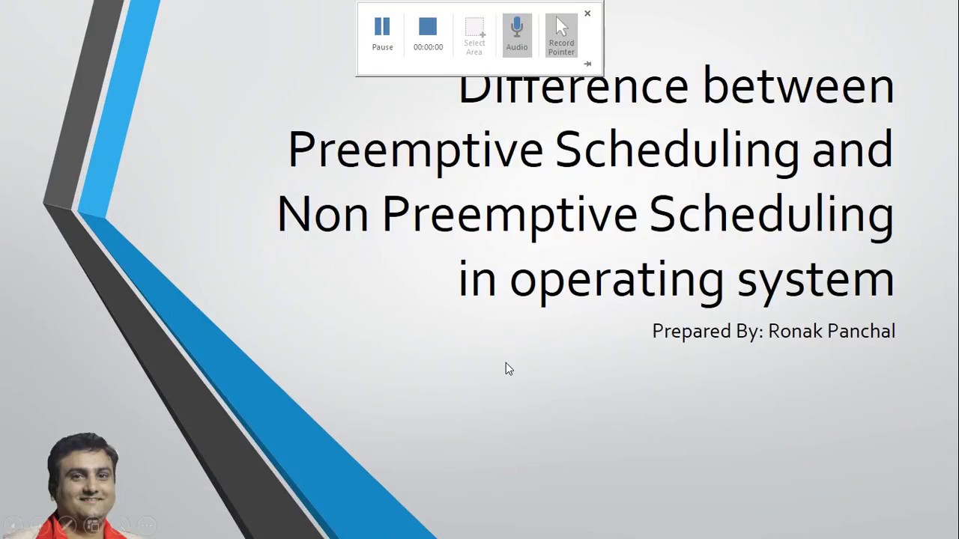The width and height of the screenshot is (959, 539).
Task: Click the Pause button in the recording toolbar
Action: coord(382,34)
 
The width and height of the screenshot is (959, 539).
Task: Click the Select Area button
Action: coord(474,36)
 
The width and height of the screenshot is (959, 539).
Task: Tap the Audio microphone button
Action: coord(517,35)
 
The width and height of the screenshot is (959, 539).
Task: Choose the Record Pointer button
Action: coord(561,35)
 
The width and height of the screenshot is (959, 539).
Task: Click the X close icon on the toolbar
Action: coord(587,13)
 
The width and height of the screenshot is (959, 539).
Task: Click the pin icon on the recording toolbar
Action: coord(587,64)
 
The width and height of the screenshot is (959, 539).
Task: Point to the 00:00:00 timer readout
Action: coord(428,47)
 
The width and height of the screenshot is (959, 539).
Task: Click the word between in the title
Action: coord(799,86)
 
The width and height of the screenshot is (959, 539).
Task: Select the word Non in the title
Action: coord(322,214)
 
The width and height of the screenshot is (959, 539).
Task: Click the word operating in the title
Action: coord(617,280)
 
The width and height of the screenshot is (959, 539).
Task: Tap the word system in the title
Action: coord(816,280)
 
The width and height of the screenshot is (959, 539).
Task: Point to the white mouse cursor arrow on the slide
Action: coord(509,369)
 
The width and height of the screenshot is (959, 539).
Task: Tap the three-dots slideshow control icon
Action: coord(147,526)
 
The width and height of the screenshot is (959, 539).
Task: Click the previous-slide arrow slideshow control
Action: coord(13,526)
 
